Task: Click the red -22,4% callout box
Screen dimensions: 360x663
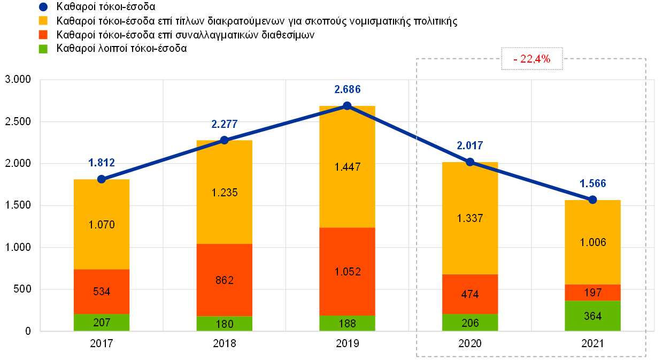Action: click(531, 59)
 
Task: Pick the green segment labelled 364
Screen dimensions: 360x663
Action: click(592, 316)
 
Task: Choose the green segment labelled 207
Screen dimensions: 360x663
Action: click(102, 323)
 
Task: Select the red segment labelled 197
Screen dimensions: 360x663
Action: click(592, 293)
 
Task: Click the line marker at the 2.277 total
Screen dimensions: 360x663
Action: click(224, 140)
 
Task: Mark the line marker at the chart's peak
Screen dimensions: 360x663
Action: click(347, 106)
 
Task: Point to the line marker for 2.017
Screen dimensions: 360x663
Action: click(470, 162)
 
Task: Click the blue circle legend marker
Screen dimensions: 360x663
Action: click(43, 7)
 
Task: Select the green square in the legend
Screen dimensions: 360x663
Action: click(43, 49)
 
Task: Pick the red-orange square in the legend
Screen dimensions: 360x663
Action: click(43, 35)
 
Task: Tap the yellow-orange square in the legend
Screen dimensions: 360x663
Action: click(43, 21)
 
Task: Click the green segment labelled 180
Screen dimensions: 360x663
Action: click(224, 324)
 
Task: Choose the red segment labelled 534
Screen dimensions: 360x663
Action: click(102, 292)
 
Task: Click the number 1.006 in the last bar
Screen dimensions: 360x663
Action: click(592, 242)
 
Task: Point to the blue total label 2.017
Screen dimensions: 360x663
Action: click(470, 145)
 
